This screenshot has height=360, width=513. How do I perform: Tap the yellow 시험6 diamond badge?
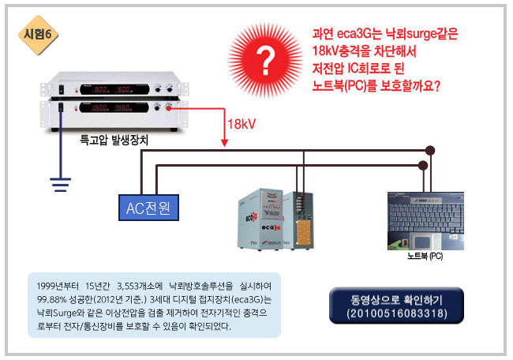tap(37, 36)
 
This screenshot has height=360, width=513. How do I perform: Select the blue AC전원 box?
tap(148, 208)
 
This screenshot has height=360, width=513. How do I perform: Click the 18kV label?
tap(241, 125)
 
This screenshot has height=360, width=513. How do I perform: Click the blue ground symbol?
tap(58, 184)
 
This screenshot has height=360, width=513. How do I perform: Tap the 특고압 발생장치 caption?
tap(114, 140)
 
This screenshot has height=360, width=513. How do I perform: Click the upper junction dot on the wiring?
tap(430, 150)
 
